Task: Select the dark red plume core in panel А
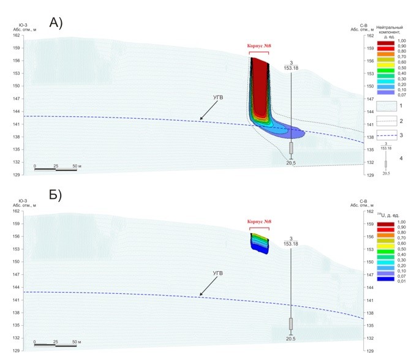pyautogui.click(x=260, y=86)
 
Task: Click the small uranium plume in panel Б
pyautogui.click(x=260, y=242)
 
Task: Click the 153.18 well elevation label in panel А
pyautogui.click(x=291, y=69)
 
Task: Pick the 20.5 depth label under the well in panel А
pyautogui.click(x=291, y=163)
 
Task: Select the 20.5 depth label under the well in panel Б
pyautogui.click(x=291, y=339)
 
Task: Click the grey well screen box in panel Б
pyautogui.click(x=291, y=324)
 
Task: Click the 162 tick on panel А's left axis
pyautogui.click(x=17, y=36)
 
